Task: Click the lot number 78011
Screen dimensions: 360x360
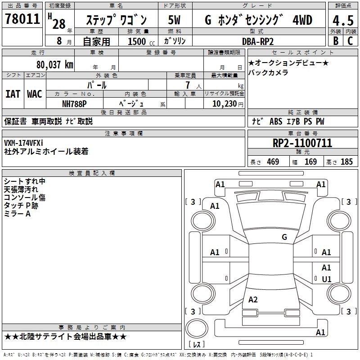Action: [x=22, y=19]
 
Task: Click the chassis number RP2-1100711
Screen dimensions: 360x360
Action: [x=302, y=144]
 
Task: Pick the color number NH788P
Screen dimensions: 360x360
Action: [x=75, y=103]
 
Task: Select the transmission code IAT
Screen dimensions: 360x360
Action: [x=13, y=94]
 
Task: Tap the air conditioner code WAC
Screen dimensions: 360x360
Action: [x=35, y=94]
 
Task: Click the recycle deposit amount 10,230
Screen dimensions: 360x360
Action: [x=221, y=103]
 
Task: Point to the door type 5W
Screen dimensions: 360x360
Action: [x=174, y=20]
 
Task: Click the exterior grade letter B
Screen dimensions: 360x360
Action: [x=335, y=40]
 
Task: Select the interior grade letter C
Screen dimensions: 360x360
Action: [x=350, y=40]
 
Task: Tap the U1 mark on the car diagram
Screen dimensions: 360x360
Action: [x=326, y=279]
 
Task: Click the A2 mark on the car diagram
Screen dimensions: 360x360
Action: [x=253, y=300]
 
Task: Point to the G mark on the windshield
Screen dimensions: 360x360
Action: [x=284, y=237]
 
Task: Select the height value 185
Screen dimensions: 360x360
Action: [x=346, y=162]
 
